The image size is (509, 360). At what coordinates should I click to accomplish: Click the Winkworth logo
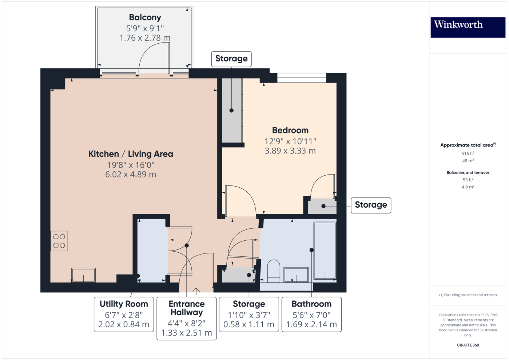coord(468,27)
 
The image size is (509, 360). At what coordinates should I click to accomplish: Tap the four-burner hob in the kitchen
coord(59,241)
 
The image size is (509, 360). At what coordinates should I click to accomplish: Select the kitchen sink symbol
coord(83,275)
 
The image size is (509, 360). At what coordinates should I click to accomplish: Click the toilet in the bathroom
coord(274,271)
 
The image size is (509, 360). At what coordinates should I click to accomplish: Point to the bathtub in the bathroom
coord(325,251)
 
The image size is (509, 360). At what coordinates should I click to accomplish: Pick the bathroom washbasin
coord(296,275)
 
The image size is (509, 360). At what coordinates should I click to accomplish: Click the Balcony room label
coord(145,17)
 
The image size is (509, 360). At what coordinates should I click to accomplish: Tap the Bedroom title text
coord(290,130)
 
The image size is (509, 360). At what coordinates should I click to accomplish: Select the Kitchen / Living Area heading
coord(131,154)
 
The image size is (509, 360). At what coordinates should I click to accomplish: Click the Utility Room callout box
coord(124,314)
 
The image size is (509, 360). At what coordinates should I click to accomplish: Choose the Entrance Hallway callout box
coord(186,318)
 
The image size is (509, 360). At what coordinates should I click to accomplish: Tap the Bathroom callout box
coord(311,314)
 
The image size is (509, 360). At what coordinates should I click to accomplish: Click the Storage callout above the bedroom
coord(231,59)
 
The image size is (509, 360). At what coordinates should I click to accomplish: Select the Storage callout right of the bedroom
coord(371,205)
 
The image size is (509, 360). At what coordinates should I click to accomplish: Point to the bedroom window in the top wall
coord(302,77)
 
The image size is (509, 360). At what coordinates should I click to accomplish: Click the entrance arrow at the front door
coord(196,291)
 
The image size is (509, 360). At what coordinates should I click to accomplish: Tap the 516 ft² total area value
coord(468,153)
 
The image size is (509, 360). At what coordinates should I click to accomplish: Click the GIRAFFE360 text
coord(468,345)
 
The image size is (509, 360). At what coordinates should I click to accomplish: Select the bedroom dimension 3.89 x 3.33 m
coord(290,151)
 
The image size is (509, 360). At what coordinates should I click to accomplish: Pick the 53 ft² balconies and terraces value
coord(468,180)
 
